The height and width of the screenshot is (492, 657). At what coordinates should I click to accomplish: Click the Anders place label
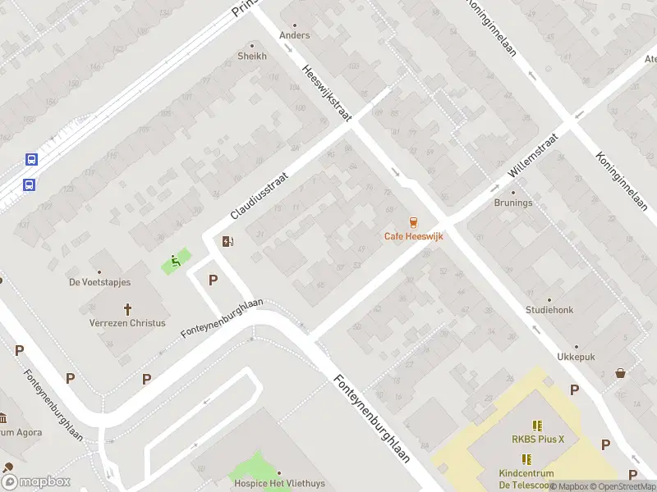coord(295,35)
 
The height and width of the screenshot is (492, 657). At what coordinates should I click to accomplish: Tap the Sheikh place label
coord(252,56)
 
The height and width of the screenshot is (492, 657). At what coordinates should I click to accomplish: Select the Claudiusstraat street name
coord(260,195)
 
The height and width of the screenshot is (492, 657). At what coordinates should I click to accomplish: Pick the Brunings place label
coord(513,203)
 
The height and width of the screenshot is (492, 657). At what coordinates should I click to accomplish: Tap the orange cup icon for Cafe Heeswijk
coord(413,222)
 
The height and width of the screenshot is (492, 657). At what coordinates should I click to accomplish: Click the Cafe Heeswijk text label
coord(413,237)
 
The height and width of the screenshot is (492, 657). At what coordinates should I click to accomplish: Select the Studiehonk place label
coord(549,310)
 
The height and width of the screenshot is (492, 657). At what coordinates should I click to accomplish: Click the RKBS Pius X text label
coord(538,439)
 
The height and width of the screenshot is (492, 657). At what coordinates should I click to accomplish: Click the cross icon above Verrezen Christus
coord(128,309)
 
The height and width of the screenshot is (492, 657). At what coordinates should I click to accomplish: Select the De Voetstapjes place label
coord(99,282)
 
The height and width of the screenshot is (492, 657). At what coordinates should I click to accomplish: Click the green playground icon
coord(175,262)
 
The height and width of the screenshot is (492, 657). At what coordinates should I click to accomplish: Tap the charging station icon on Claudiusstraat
coord(227,241)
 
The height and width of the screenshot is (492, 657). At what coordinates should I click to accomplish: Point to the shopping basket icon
coord(620,373)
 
